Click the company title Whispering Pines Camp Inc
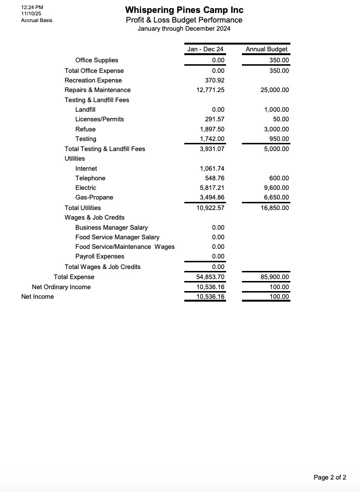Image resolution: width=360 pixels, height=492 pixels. tap(184, 10)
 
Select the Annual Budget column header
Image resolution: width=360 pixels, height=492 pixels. tap(266, 49)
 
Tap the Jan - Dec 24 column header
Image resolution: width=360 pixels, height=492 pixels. tap(205, 49)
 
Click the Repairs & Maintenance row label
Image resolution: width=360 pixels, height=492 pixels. tap(97, 90)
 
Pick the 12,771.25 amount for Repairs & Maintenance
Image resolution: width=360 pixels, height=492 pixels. tap(210, 90)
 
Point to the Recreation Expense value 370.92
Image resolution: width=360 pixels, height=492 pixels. tap(215, 80)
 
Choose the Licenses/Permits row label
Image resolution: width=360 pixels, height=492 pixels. tap(99, 119)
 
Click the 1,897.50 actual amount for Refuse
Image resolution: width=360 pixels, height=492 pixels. tap(212, 129)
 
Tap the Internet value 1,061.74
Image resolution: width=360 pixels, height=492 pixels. tap(212, 168)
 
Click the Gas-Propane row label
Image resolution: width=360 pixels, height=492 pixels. tap(94, 197)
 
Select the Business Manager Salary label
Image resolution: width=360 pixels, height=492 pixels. tap(111, 227)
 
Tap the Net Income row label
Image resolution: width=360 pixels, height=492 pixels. tap(37, 296)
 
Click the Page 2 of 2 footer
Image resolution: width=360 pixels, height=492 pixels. tap(330, 477)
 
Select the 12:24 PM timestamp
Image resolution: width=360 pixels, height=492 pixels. tap(32, 7)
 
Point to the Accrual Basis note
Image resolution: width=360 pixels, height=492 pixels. tap(36, 20)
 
